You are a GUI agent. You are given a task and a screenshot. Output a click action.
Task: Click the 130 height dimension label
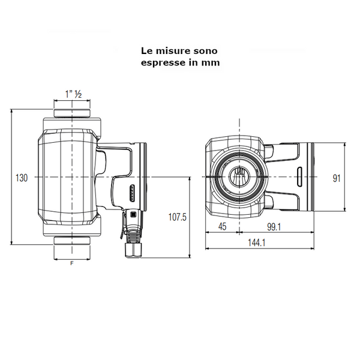[22, 178]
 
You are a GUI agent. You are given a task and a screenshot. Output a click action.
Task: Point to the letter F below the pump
[72, 263]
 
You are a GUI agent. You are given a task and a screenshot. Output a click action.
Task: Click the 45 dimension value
[222, 226]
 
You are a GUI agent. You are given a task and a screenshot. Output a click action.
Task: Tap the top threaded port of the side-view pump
[72, 111]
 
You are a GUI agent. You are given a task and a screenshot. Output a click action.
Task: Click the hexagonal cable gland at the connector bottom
[131, 248]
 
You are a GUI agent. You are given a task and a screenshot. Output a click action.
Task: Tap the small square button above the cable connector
[132, 214]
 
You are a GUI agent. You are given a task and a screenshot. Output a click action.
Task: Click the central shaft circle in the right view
[239, 178]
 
